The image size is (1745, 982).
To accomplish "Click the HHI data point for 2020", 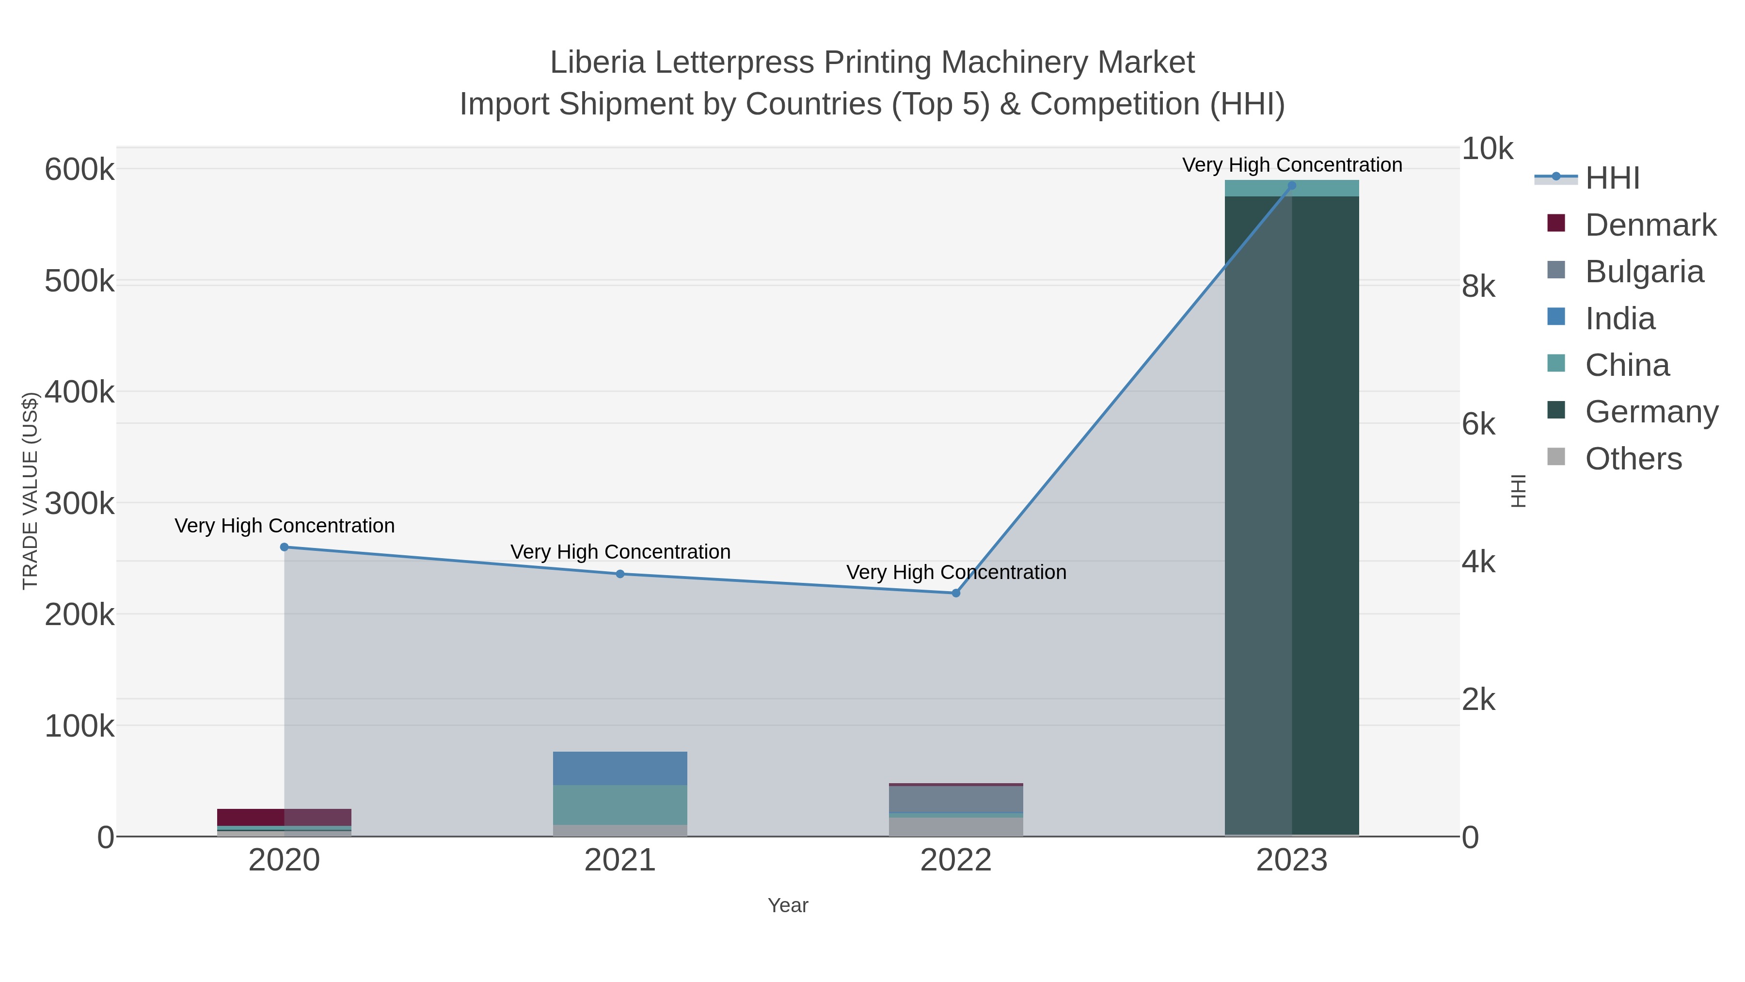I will [285, 547].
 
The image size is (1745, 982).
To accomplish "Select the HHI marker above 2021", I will [620, 574].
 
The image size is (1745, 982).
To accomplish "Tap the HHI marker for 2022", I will [956, 593].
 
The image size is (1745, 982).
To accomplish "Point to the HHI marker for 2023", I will [1292, 186].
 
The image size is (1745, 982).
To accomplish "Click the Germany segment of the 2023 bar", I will [1292, 515].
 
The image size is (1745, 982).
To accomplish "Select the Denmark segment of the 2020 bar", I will [285, 817].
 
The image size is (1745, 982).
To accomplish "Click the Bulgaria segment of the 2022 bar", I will [956, 799].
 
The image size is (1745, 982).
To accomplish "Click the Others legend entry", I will [1633, 459].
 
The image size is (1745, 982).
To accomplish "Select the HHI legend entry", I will [1612, 178].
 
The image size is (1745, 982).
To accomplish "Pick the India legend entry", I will [1619, 319].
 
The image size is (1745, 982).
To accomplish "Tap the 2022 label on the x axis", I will [956, 861].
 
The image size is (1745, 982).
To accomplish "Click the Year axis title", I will [788, 905].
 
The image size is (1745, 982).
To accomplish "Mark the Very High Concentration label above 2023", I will [1292, 165].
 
